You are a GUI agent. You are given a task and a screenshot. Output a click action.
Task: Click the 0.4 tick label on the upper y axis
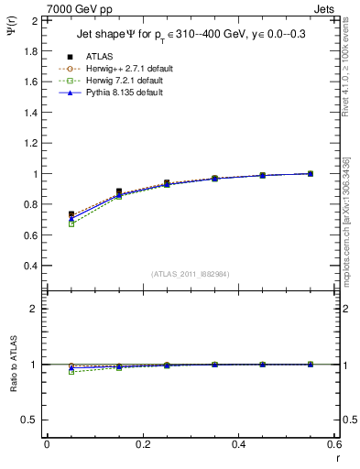click(31, 266)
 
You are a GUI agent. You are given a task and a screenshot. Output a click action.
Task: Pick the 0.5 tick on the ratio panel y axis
click(31, 420)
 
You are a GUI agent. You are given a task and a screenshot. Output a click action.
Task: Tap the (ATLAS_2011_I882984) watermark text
click(191, 275)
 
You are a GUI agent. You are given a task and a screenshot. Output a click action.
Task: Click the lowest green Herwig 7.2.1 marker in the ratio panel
click(71, 372)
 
